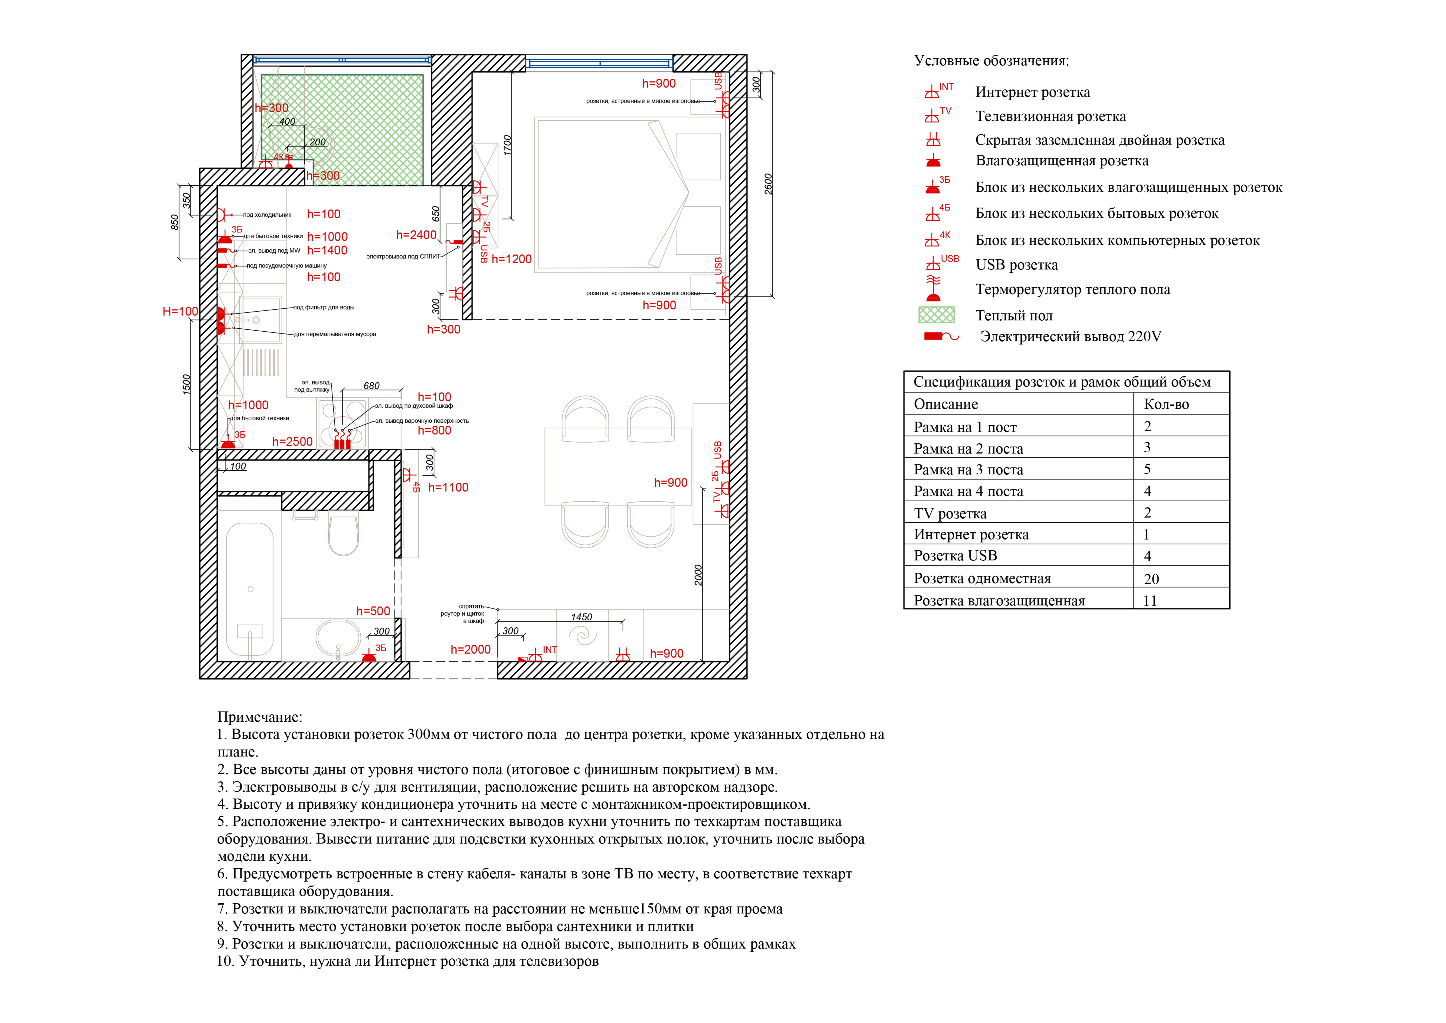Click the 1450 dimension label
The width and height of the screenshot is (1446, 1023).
click(581, 617)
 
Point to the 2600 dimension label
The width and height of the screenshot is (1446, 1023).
click(768, 184)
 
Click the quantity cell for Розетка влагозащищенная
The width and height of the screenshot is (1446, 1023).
click(1150, 600)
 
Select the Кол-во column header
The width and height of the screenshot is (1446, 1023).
click(1166, 404)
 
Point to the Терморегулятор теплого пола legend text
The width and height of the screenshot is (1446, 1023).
click(1073, 290)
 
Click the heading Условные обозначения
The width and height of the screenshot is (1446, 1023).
click(991, 61)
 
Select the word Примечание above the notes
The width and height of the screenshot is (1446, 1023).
click(259, 717)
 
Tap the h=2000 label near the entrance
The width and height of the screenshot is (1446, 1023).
click(470, 649)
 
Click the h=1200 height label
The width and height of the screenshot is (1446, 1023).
click(511, 259)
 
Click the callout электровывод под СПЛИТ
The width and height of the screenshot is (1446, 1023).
click(403, 256)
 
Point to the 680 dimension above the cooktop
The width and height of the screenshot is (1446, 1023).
click(372, 386)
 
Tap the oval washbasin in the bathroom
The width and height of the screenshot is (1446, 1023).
click(338, 638)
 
